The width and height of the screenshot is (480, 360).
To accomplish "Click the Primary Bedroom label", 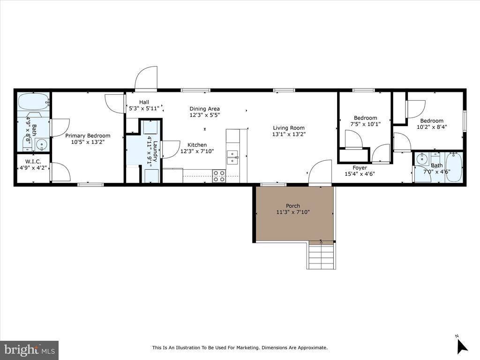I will pyautogui.click(x=88, y=136).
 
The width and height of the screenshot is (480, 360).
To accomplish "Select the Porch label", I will pyautogui.click(x=293, y=206).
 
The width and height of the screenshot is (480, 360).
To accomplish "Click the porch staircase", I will pyautogui.click(x=322, y=256).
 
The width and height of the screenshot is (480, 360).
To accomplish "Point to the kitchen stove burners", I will pyautogui.click(x=219, y=176).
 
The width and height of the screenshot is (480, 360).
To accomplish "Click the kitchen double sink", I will pyautogui.click(x=232, y=157).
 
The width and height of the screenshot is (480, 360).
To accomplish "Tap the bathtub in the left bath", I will pyautogui.click(x=33, y=101).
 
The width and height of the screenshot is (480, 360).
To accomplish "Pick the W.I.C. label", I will pyautogui.click(x=33, y=161).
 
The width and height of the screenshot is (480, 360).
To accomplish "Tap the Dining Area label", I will pyautogui.click(x=204, y=109).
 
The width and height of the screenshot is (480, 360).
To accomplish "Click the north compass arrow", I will pyautogui.click(x=462, y=345).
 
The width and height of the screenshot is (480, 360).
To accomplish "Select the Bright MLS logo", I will pyautogui.click(x=29, y=350).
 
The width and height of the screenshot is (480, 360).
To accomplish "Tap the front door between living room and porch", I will pyautogui.click(x=321, y=172).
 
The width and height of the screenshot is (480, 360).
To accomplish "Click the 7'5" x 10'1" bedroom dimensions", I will pyautogui.click(x=365, y=124).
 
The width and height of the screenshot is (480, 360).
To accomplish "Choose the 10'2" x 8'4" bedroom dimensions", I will pyautogui.click(x=430, y=127).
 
